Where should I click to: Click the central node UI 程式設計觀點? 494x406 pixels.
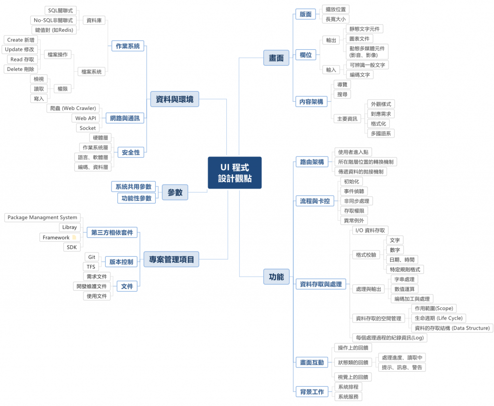[234, 173]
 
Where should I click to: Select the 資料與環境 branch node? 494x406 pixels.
[174, 99]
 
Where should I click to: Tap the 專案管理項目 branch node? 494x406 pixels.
[171, 260]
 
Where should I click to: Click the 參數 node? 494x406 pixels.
[175, 192]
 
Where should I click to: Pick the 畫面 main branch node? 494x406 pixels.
[276, 58]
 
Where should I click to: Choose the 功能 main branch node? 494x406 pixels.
[276, 277]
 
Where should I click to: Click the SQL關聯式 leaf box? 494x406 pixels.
[60, 10]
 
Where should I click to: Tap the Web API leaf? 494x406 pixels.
[86, 118]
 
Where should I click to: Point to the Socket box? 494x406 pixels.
[88, 128]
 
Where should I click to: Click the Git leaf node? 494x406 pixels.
[91, 257]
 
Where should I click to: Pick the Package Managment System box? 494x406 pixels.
[42, 218]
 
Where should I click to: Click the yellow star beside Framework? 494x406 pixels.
[74, 238]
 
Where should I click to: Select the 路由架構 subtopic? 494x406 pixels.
[312, 162]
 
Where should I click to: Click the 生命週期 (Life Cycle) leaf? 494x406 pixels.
[438, 318]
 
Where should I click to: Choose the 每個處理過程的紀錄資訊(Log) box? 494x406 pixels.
[389, 337]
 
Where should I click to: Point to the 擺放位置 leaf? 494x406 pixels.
[335, 9]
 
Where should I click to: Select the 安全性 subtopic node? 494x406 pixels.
[131, 153]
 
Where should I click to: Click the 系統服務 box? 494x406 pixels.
[348, 396]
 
